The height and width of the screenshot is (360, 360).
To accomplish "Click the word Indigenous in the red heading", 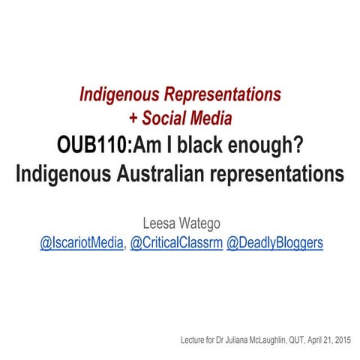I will pyautogui.click(x=120, y=95).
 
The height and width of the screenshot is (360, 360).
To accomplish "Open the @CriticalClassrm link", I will pyautogui.click(x=176, y=243).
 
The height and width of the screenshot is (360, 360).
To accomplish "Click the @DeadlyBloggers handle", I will pyautogui.click(x=275, y=243).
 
